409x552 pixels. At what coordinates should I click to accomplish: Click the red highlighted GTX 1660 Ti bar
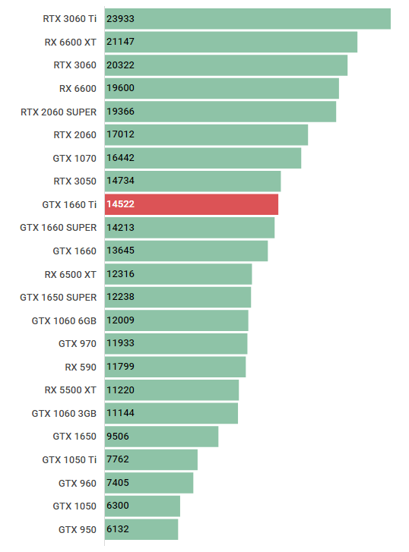[192, 205]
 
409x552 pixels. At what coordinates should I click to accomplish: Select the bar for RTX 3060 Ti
[247, 19]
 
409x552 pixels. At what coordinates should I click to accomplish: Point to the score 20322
[121, 65]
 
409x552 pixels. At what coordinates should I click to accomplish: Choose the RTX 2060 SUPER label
[59, 112]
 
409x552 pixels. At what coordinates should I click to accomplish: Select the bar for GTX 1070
[202, 158]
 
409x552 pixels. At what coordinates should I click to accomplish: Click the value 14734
[121, 181]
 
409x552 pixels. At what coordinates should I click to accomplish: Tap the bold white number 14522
[121, 205]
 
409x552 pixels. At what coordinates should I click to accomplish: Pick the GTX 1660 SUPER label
[59, 228]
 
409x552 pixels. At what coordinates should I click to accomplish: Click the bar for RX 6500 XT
[178, 274]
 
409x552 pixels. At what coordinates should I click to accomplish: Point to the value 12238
[121, 298]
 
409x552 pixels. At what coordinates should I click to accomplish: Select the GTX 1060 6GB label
[64, 320]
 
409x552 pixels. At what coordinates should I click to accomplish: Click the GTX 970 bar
[176, 344]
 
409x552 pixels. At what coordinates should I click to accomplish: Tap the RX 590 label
[81, 367]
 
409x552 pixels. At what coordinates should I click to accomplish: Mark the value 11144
[121, 413]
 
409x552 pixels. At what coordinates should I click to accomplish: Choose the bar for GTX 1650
[161, 437]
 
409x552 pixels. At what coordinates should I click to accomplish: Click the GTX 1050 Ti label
[69, 459]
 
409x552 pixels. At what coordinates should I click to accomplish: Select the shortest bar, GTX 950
[141, 529]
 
